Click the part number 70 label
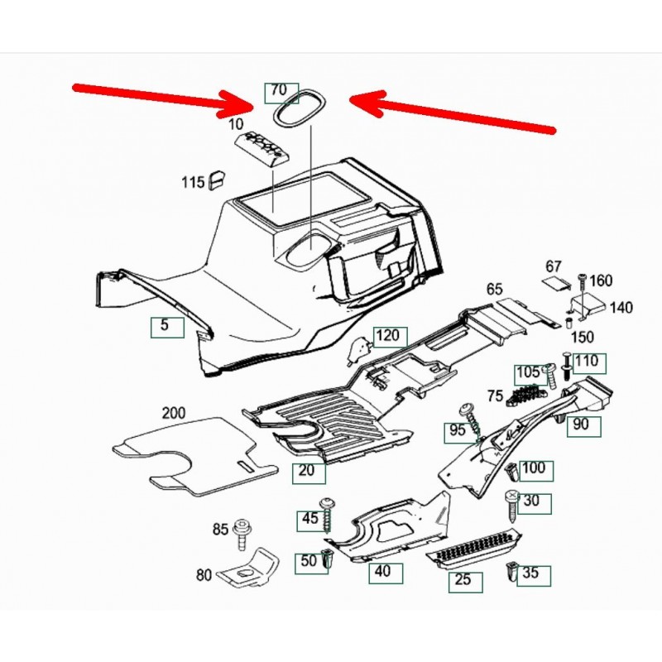pyautogui.click(x=279, y=90)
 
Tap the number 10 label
pyautogui.click(x=236, y=124)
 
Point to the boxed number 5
pyautogui.click(x=165, y=326)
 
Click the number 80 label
pyautogui.click(x=204, y=573)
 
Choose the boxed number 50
pyautogui.click(x=309, y=561)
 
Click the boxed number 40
pyautogui.click(x=381, y=571)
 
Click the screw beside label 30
pyautogui.click(x=511, y=503)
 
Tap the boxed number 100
pyautogui.click(x=534, y=468)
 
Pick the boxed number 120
pyautogui.click(x=390, y=335)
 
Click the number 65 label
pyautogui.click(x=495, y=290)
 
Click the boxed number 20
pyautogui.click(x=306, y=472)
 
